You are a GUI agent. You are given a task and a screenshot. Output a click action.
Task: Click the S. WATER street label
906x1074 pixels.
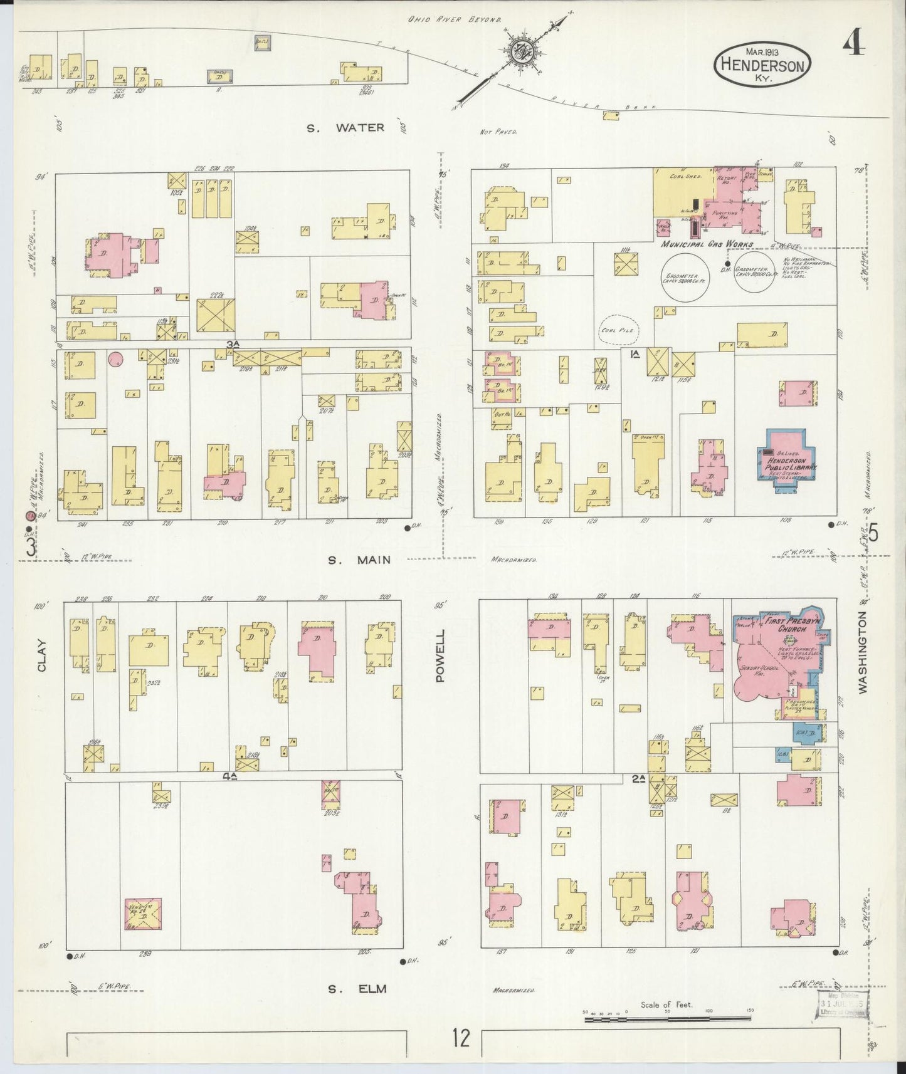click(345, 128)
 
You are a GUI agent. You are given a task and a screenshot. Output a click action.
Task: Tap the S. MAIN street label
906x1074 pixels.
click(359, 560)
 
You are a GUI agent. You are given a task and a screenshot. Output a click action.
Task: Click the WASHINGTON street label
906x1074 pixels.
click(863, 652)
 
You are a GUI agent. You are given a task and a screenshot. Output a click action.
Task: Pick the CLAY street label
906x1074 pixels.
click(42, 655)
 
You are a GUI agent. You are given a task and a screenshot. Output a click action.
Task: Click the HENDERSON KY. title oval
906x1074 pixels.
click(762, 64)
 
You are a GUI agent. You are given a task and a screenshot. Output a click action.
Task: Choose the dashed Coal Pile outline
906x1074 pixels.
click(619, 330)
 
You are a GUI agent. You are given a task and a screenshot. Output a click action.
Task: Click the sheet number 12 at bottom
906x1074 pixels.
click(461, 1039)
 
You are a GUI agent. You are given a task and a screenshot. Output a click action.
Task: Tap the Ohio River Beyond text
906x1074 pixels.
click(455, 19)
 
